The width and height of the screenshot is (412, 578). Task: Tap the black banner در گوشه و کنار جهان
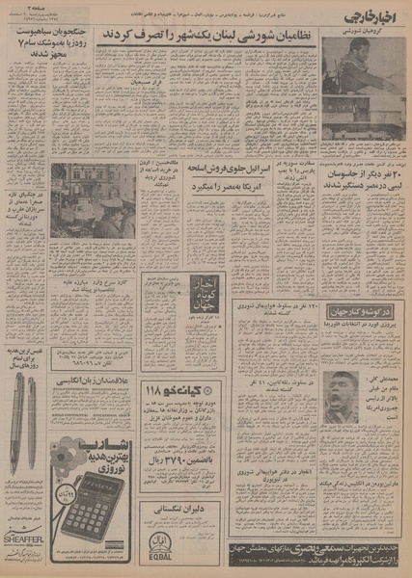point(361,314)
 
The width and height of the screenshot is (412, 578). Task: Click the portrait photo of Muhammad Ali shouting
point(342,395)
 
